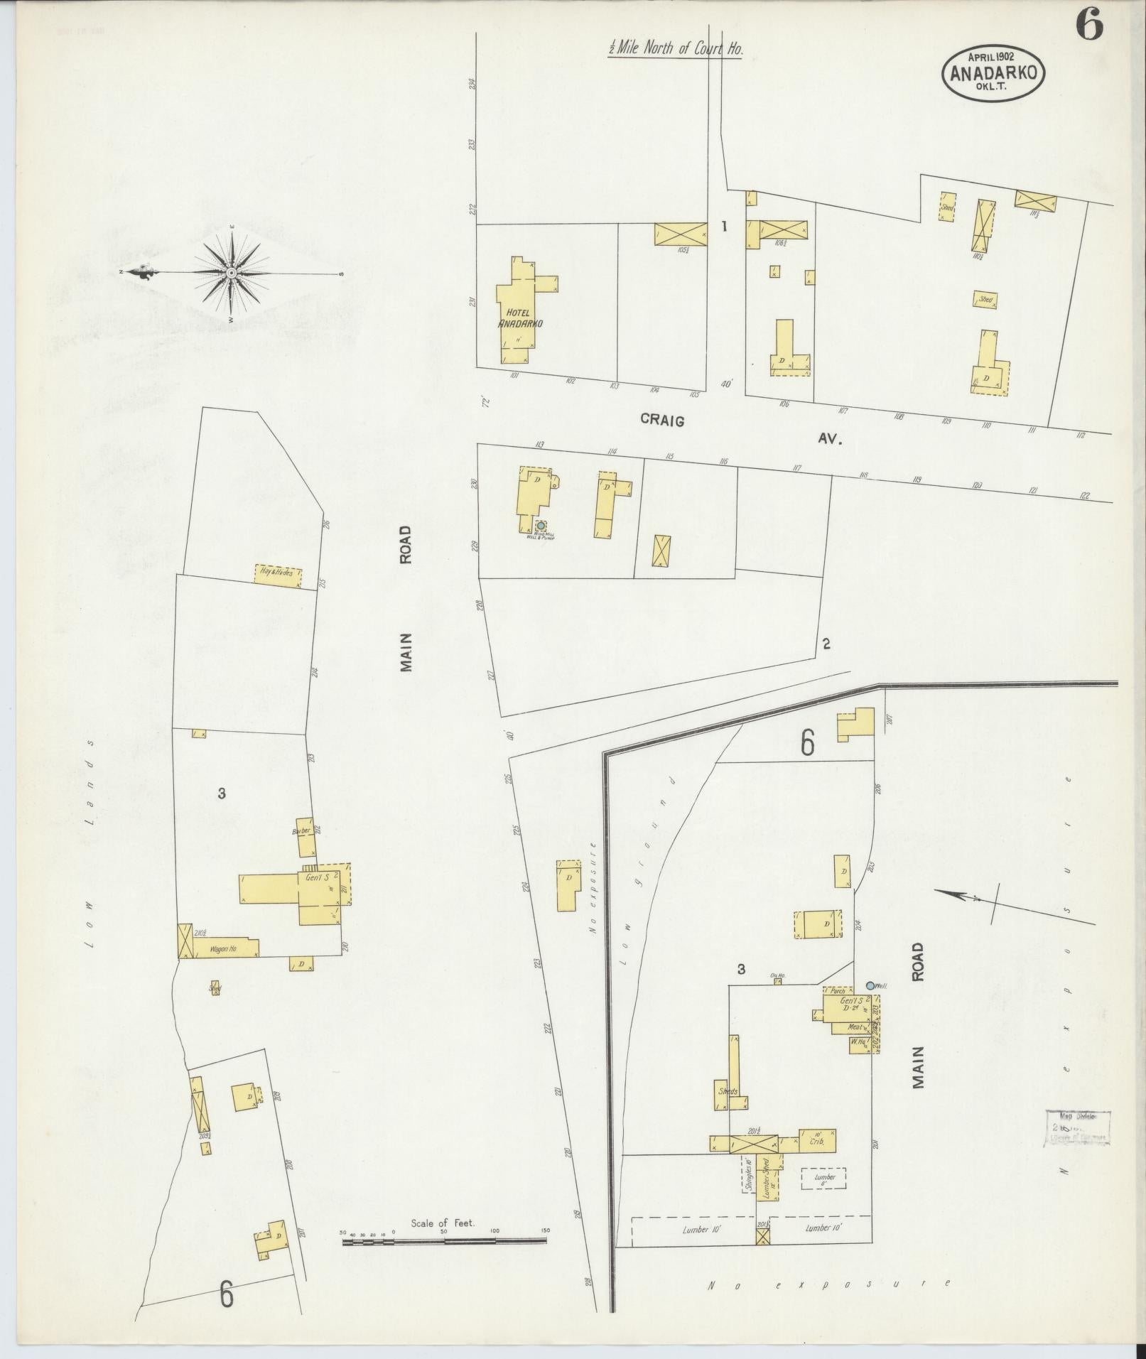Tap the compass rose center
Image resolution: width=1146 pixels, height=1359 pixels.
(x=232, y=273)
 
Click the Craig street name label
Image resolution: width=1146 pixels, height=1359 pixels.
(x=662, y=421)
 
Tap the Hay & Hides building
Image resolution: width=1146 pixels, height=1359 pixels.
(x=278, y=577)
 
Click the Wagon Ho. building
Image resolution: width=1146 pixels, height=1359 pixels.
(x=223, y=948)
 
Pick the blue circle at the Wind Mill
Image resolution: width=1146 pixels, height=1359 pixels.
(x=541, y=526)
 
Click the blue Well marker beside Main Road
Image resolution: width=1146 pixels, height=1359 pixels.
(x=870, y=985)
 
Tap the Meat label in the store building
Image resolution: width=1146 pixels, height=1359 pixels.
(x=855, y=1027)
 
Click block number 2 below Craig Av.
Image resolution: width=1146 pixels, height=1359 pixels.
(x=826, y=644)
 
